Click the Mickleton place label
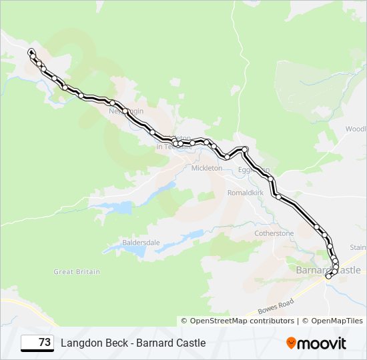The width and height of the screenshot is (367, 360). coord(207,169)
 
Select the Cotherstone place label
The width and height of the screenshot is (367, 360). coord(274,233)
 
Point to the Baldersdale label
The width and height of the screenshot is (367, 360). coord(140,243)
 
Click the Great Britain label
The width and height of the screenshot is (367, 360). coord(77,272)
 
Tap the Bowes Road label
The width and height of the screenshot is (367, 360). coord(276,307)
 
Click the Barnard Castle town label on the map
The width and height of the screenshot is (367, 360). coord(328,270)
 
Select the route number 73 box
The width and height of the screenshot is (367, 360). coord(37,343)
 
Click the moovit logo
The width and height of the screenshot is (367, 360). coord(316,343)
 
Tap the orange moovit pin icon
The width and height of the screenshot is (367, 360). coord(292,343)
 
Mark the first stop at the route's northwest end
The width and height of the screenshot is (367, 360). coord(31,51)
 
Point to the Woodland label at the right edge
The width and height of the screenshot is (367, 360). coord(356,129)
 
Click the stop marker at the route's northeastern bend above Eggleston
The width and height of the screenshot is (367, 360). coord(246,149)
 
